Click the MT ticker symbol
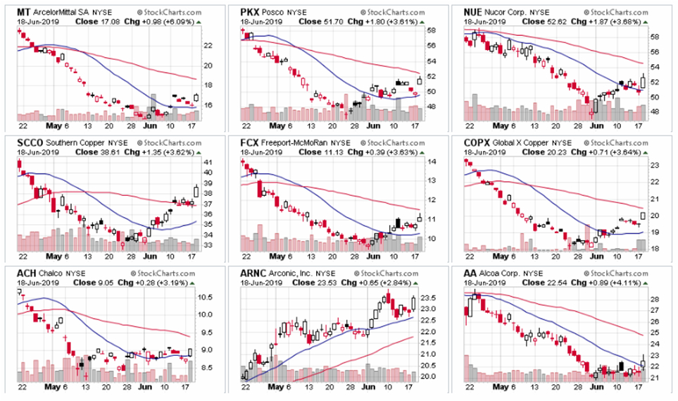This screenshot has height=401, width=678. pos(23,13)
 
